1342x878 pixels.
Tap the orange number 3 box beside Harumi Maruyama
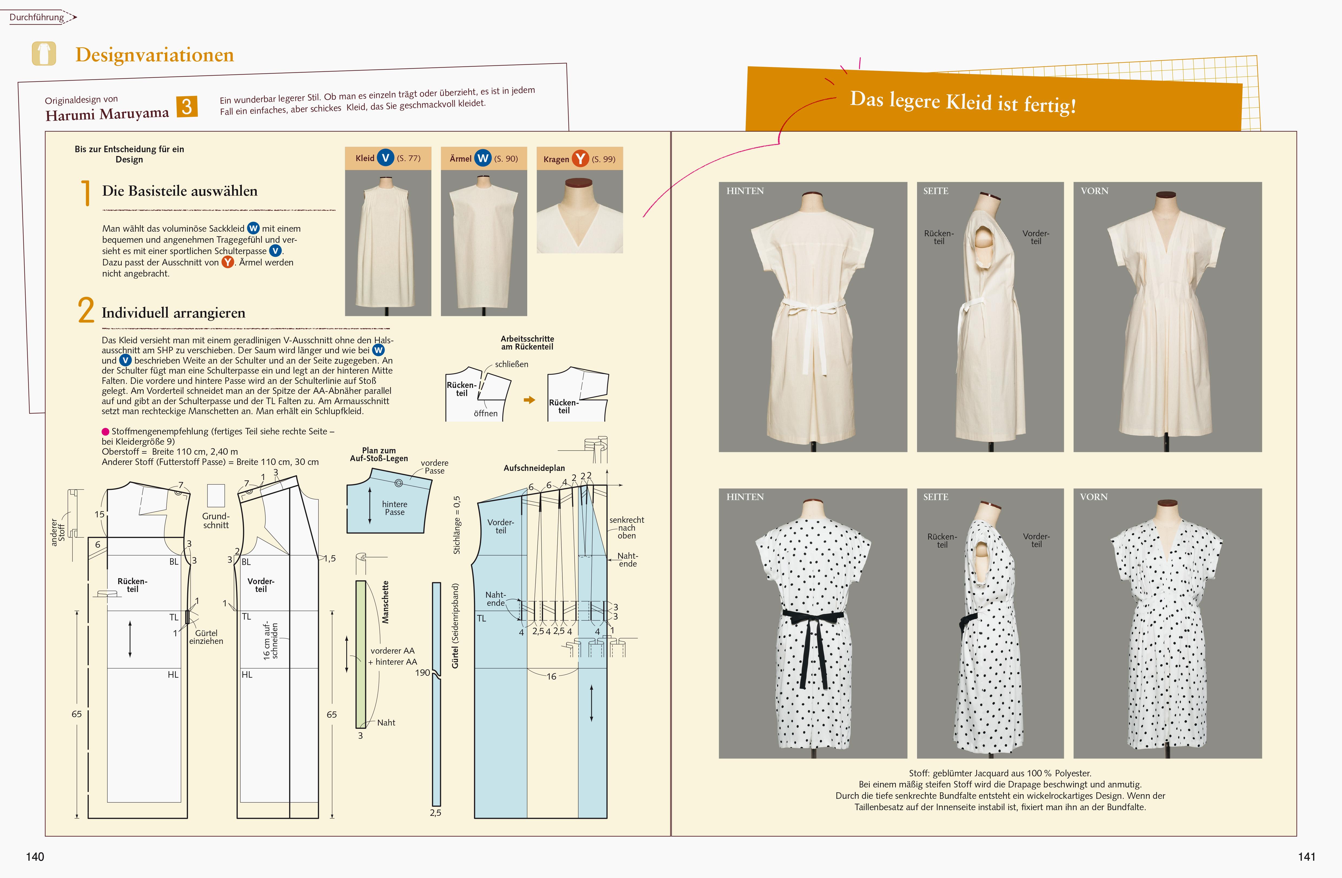(187, 107)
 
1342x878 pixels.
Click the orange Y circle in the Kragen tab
(580, 159)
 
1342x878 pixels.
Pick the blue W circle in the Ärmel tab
(483, 158)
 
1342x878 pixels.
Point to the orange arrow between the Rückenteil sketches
(529, 400)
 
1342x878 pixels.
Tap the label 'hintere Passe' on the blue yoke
(395, 508)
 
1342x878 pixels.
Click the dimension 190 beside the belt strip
(422, 672)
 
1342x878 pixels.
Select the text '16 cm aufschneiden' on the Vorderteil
(271, 641)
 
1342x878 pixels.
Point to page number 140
(35, 857)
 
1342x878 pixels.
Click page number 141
(1306, 857)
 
